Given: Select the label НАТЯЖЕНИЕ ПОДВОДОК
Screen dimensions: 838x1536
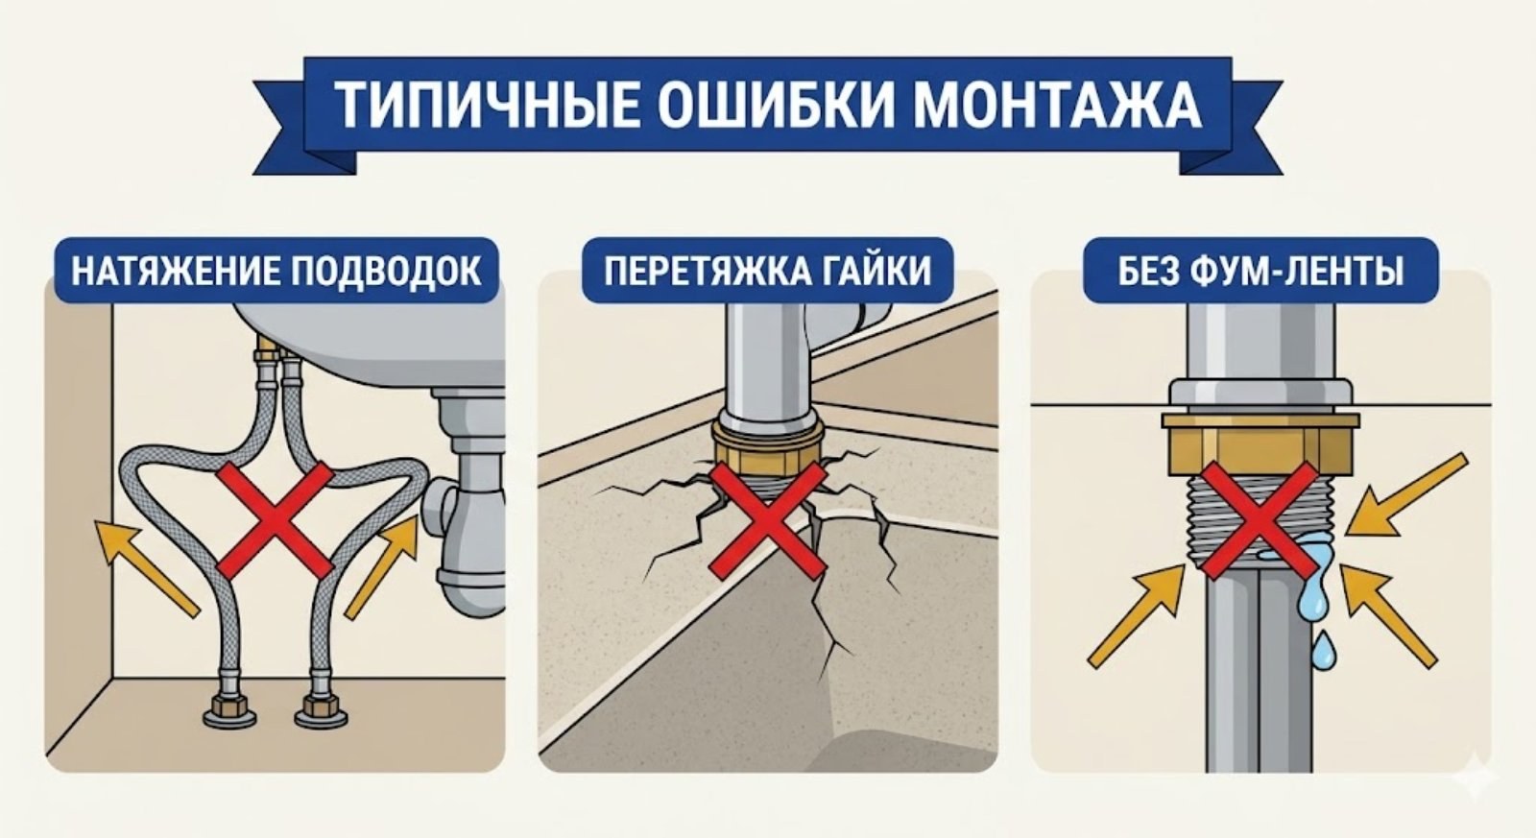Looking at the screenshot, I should coord(276,272).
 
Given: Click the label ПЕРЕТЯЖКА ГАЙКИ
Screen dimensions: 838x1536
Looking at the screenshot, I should coord(768,272).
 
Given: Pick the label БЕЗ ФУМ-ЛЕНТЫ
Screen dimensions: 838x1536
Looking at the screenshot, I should coord(1260,272).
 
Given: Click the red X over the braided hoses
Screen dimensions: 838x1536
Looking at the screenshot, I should coord(276,518).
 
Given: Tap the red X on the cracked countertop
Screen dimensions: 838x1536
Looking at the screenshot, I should coord(768,518).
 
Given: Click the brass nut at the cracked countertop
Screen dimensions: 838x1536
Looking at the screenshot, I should coord(767,447).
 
